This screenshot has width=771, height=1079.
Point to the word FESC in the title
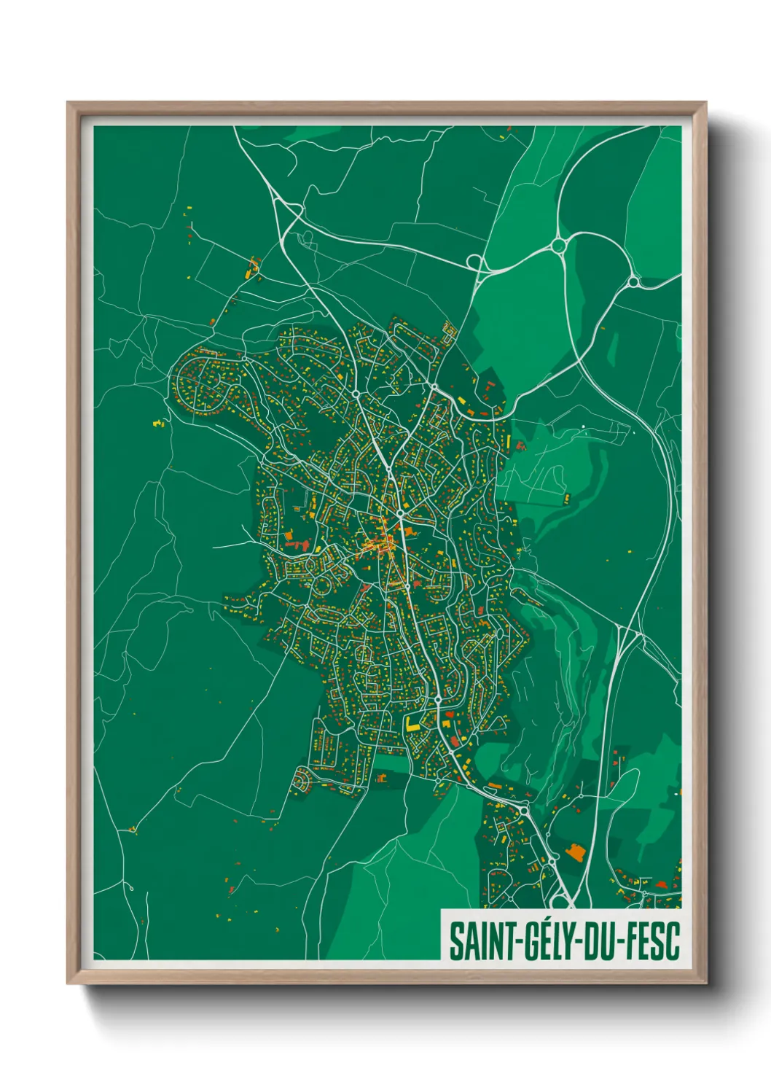coord(652,941)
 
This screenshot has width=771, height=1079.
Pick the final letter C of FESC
coord(673,941)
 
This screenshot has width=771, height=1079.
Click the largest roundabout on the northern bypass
coord(559,246)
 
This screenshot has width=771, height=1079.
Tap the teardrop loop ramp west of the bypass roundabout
coord(474,261)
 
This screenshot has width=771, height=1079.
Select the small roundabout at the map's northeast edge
coord(633,281)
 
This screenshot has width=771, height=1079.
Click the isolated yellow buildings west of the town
coord(158,422)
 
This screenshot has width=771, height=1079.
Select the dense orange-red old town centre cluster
coord(377,544)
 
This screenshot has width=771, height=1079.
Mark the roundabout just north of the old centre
coord(400,514)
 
